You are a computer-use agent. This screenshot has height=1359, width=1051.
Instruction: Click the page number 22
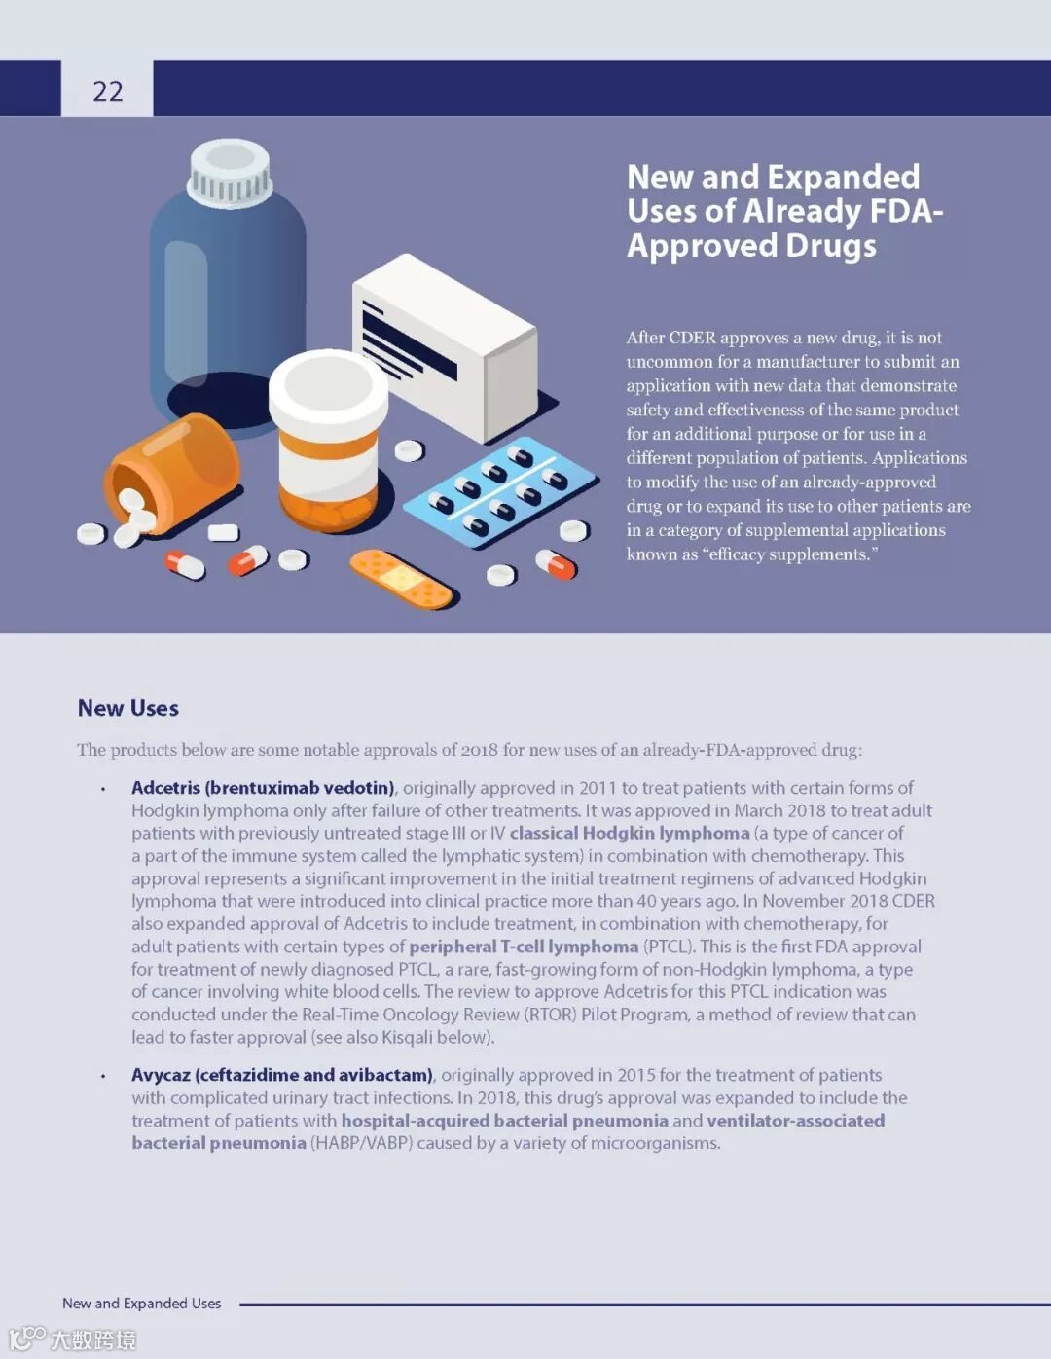pyautogui.click(x=108, y=91)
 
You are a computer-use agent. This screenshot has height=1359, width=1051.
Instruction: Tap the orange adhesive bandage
pyautogui.click(x=401, y=578)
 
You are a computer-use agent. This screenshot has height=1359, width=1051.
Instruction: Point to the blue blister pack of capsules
pyautogui.click(x=500, y=492)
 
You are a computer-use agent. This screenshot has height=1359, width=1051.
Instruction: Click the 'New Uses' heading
pyautogui.click(x=128, y=708)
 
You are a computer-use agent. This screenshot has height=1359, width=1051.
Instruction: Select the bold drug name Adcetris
pyautogui.click(x=164, y=787)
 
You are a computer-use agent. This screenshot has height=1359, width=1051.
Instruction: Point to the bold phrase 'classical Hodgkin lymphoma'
pyautogui.click(x=630, y=833)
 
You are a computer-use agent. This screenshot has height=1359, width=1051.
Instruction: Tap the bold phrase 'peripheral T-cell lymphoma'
pyautogui.click(x=524, y=947)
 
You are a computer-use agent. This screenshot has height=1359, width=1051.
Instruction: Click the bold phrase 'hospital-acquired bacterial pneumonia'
pyautogui.click(x=504, y=1120)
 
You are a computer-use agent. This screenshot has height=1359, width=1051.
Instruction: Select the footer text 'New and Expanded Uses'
pyautogui.click(x=141, y=1304)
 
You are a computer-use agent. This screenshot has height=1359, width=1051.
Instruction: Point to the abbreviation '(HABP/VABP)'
pyautogui.click(x=360, y=1143)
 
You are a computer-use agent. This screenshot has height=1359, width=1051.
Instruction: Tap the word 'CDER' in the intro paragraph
pyautogui.click(x=692, y=338)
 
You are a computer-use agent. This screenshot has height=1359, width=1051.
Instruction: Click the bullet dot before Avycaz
pyautogui.click(x=102, y=1076)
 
